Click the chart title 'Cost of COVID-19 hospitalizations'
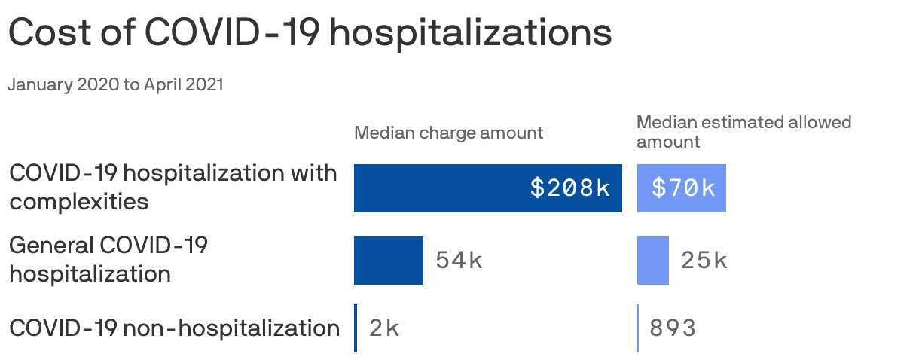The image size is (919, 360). tap(309, 33)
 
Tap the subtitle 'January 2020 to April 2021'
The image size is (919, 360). tap(115, 85)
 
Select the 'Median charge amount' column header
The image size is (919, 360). tap(448, 133)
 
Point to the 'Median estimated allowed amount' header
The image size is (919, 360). tap(743, 132)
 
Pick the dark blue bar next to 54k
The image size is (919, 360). tap(389, 261)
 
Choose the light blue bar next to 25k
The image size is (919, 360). tap(652, 261)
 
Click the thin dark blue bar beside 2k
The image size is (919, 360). tap(356, 328)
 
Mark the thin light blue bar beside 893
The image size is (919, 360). tap(638, 328)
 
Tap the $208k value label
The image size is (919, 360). tap(569, 188)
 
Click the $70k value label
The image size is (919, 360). tap(683, 188)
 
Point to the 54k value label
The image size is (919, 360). tap(459, 261)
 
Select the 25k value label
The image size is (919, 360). tap(704, 261)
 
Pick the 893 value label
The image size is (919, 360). tap(673, 328)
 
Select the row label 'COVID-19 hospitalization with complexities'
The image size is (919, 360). tap(173, 188)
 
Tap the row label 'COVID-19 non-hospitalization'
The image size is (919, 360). tap(174, 328)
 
